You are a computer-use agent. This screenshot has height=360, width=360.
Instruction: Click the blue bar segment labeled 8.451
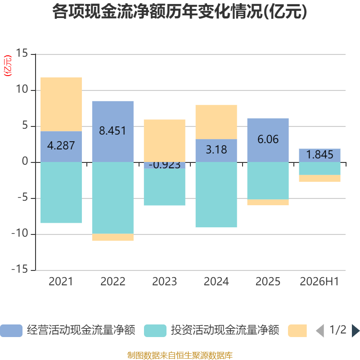[113, 131]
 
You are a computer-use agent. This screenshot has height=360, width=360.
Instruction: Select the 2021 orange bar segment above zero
[61, 104]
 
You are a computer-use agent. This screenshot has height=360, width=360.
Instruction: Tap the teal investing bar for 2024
[216, 195]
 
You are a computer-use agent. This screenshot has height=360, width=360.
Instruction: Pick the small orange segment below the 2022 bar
[113, 237]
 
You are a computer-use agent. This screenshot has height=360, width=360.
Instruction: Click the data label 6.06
[268, 139]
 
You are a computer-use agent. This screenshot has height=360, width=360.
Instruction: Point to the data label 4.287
[61, 145]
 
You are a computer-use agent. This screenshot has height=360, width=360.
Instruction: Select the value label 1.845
[319, 154]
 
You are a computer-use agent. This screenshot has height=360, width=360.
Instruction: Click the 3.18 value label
[216, 150]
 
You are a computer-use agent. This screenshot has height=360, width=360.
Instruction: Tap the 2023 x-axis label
[164, 282]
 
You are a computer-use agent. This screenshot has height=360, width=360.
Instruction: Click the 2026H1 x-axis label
[319, 282]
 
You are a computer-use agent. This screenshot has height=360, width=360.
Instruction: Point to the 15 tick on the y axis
[22, 53]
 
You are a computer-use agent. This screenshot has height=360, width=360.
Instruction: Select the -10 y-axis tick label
[20, 233]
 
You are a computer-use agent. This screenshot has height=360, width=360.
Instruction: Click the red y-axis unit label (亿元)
[8, 66]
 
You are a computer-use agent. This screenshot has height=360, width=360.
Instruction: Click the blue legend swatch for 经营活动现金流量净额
[11, 331]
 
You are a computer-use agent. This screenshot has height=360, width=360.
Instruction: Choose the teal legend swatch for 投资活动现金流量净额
[155, 331]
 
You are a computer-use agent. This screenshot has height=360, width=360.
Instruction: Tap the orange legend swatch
[297, 331]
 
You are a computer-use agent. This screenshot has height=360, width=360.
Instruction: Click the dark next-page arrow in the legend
[355, 331]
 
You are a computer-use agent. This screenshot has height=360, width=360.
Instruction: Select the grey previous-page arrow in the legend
[320, 331]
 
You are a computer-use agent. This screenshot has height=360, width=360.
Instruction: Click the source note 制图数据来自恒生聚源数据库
[180, 355]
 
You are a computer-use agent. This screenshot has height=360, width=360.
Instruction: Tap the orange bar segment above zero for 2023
[164, 141]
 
